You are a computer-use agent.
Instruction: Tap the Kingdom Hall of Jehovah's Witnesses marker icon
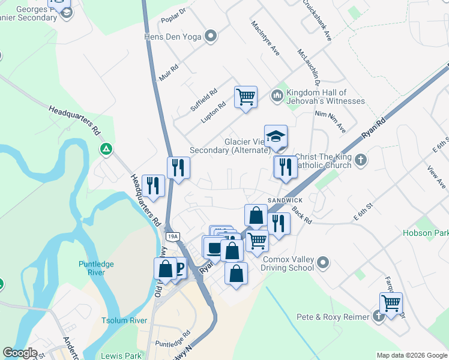[x=277, y=95]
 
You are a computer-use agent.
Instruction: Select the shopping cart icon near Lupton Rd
[x=246, y=96]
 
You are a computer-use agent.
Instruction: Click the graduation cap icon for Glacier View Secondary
[x=276, y=136]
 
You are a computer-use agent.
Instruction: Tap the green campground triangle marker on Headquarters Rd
[x=106, y=148]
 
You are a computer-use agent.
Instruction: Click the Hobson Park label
[x=426, y=233]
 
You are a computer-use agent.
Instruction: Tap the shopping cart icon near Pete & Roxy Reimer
[x=391, y=302]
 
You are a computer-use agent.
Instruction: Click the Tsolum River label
[x=124, y=320]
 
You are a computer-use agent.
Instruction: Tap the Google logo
[x=20, y=353]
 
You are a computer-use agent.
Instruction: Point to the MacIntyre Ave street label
[x=266, y=38]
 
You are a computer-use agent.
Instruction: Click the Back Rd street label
[x=303, y=215]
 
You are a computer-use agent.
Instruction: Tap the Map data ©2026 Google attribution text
[x=411, y=355]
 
